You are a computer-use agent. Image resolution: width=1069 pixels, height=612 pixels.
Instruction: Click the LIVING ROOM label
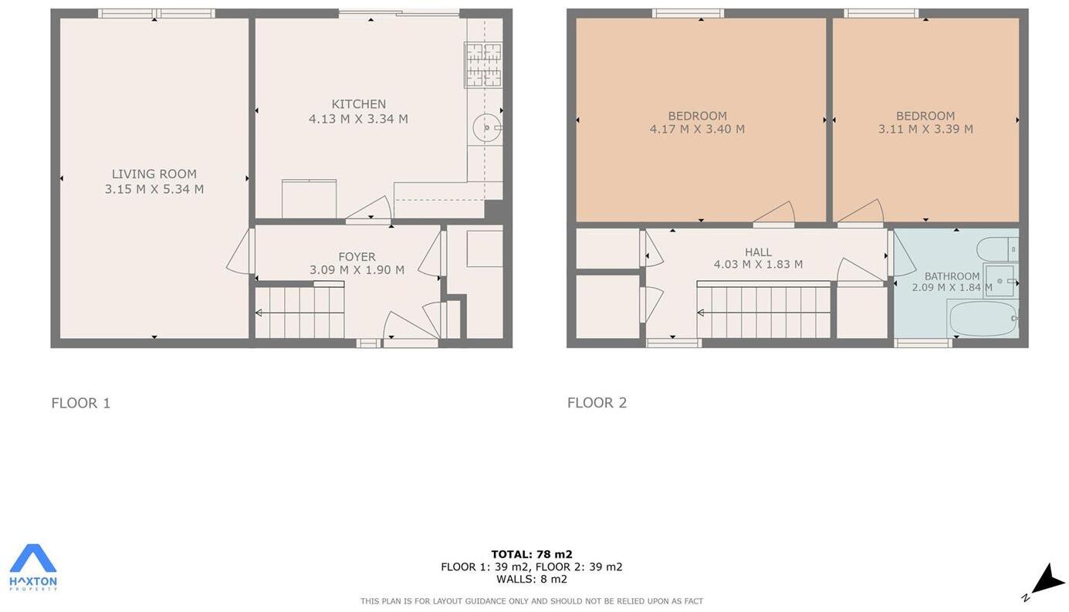(x=154, y=174)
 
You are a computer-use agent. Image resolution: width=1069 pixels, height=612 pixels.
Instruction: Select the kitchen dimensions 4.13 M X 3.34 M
(x=358, y=119)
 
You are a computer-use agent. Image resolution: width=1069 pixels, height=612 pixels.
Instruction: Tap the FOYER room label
(x=357, y=257)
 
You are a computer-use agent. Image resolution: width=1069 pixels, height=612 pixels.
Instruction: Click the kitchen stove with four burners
(x=483, y=65)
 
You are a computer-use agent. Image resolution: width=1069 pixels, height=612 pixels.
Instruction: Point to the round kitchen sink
(x=485, y=128)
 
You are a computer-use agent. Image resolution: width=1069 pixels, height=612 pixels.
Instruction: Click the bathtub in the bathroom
(x=983, y=319)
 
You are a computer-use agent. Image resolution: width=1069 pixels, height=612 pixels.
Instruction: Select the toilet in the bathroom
(x=996, y=249)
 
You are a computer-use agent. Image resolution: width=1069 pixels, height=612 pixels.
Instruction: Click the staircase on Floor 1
(x=299, y=312)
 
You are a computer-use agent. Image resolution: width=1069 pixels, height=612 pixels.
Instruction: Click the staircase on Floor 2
(x=763, y=312)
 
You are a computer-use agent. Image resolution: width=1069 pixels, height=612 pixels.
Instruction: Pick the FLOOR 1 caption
(x=81, y=403)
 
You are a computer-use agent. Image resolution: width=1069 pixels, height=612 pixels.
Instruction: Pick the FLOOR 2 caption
(x=597, y=403)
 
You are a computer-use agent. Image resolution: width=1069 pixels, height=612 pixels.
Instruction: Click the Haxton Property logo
(x=33, y=567)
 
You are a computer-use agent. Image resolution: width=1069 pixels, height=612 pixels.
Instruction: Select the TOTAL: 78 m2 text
(x=532, y=554)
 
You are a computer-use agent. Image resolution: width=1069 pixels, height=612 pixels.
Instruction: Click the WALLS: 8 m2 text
(x=532, y=579)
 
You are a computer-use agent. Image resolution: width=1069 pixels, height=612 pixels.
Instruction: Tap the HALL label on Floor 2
(x=758, y=252)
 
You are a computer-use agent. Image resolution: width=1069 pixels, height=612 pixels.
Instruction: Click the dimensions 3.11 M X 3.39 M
(x=925, y=129)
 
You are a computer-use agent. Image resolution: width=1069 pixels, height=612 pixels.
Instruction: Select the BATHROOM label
(x=952, y=276)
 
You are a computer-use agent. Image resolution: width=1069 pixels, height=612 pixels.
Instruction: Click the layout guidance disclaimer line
(x=532, y=601)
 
